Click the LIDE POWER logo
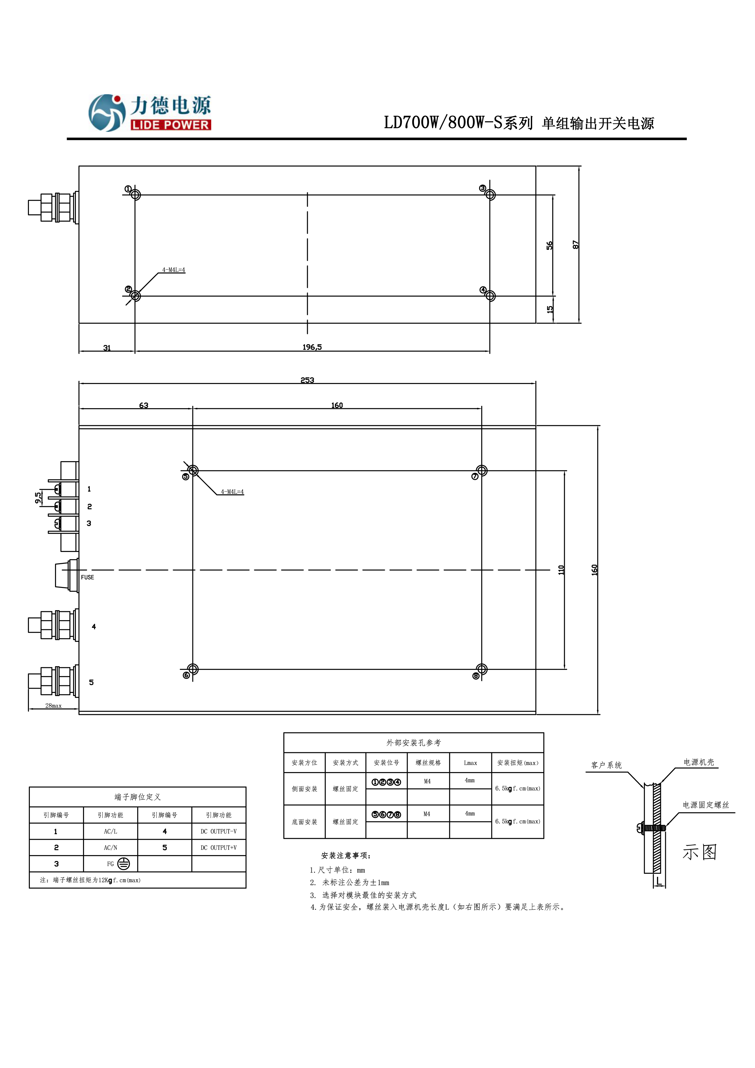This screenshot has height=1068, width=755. [150, 113]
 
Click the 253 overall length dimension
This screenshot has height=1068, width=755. [307, 380]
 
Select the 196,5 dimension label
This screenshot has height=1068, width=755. [312, 347]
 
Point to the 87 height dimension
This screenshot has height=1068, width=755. [575, 245]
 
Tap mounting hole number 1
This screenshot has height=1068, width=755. [135, 195]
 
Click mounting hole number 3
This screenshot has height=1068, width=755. [490, 195]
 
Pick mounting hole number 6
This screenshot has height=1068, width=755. [193, 669]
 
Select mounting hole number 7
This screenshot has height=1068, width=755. [482, 471]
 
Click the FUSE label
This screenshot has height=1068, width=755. [87, 577]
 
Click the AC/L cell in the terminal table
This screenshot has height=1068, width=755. [110, 831]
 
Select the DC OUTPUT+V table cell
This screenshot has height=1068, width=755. [219, 848]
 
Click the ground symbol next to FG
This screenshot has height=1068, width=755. [123, 864]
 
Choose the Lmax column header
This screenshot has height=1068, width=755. [470, 763]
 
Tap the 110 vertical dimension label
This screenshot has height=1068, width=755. [561, 570]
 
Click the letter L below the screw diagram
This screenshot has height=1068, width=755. [659, 880]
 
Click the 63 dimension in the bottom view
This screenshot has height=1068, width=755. [144, 406]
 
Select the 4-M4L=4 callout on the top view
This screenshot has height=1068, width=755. [174, 270]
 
